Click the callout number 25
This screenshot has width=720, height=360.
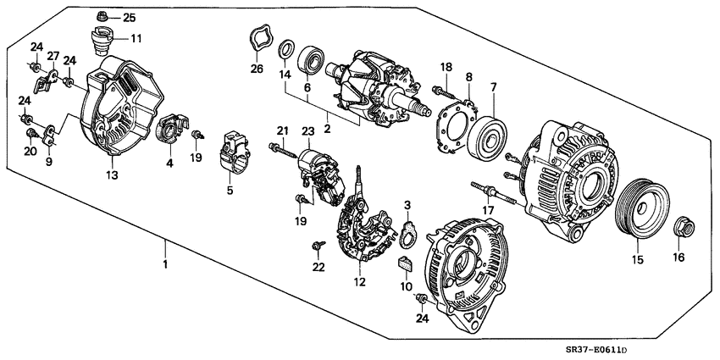tap(129, 17)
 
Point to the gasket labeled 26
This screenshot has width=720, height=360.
tap(258, 39)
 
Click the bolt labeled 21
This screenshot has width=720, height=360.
tap(285, 152)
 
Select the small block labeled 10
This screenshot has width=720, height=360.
tap(405, 264)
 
